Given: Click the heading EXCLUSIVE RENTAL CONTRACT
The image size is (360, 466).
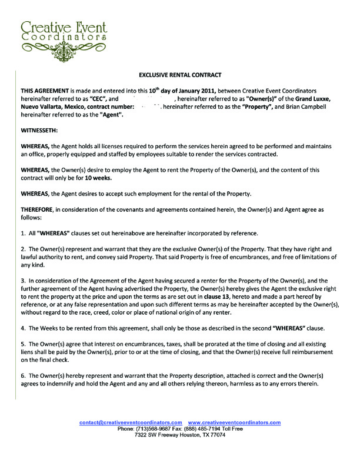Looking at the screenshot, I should pos(180,76).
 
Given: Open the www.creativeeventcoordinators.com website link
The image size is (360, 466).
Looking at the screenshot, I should pos(234,422).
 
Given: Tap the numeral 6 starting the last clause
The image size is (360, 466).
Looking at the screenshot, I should pos(23,375).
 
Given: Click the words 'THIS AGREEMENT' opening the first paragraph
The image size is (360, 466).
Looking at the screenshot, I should pos(44,91).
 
